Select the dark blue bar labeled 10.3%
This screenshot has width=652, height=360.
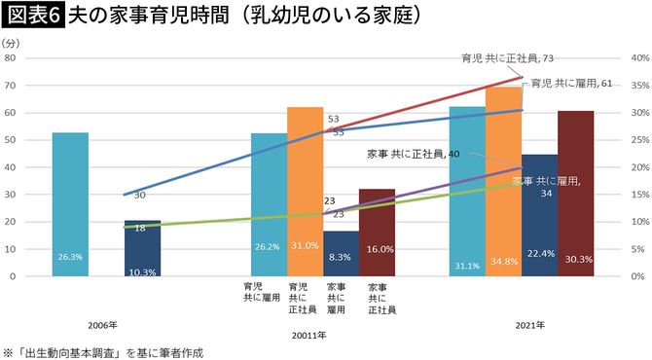point(142,248)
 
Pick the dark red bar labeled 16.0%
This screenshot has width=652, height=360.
point(377,233)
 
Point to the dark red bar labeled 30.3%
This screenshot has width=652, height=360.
point(575,194)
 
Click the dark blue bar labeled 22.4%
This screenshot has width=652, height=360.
point(539,215)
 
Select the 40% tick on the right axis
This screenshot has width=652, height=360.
point(639,58)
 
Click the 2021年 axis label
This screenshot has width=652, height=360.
point(529,323)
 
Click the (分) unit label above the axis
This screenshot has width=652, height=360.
point(11,44)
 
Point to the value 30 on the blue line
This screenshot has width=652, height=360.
point(140,196)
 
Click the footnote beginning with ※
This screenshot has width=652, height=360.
point(105,350)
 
